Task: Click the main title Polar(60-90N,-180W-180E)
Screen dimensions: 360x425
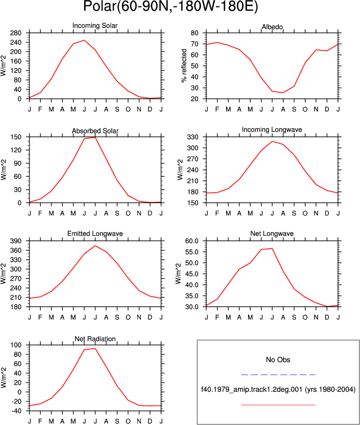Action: [170, 6]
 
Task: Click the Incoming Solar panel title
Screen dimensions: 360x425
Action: [95, 26]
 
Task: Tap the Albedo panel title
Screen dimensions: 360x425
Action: [272, 27]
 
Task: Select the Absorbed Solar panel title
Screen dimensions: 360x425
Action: [95, 131]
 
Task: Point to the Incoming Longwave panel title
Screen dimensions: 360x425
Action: [272, 130]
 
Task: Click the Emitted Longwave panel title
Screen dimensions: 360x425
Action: [95, 234]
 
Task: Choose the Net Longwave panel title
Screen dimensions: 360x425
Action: [272, 234]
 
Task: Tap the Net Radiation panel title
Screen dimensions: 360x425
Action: [95, 339]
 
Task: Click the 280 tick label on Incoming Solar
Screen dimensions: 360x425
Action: [16, 33]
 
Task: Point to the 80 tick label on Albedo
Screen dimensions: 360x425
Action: [194, 33]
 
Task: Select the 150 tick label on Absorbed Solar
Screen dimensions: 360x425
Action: [16, 137]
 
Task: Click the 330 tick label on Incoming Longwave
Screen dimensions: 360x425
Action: [193, 137]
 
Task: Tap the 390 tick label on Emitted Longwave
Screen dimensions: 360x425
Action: [16, 241]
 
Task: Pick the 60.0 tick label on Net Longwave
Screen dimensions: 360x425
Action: [192, 241]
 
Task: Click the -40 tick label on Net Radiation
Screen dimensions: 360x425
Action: [16, 411]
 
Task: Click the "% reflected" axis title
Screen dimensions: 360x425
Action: [184, 65]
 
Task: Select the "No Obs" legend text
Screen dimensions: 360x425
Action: [278, 360]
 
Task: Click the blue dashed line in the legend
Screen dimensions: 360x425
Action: [278, 375]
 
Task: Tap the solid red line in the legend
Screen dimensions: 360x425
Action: [278, 405]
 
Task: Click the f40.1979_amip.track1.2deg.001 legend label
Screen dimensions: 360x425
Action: [252, 390]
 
